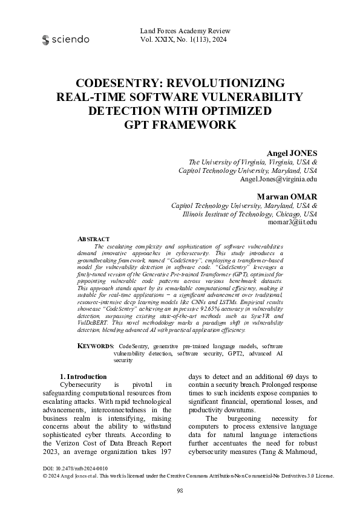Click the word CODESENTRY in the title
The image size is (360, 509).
coord(122,83)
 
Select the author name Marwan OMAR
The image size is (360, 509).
coord(287,196)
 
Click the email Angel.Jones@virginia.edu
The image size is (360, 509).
coord(278,180)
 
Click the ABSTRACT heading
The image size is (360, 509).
coord(94,239)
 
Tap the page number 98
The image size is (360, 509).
coord(180,490)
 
